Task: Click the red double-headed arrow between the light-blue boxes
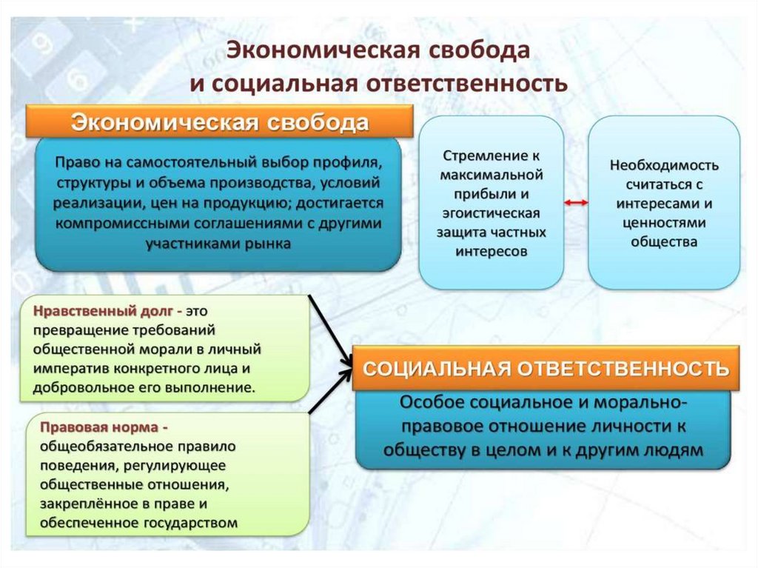click(575, 203)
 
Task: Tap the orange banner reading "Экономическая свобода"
click(219, 122)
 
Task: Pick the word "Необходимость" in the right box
click(664, 164)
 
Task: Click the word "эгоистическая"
click(491, 213)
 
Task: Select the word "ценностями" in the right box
click(664, 222)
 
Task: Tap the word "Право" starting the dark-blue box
click(78, 161)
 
